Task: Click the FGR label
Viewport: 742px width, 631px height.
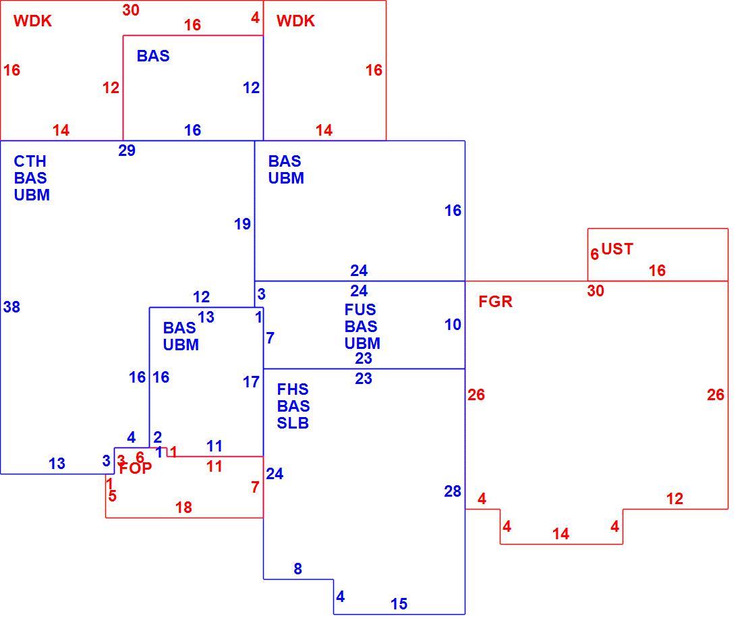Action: click(496, 302)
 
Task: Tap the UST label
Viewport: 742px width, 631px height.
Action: click(617, 249)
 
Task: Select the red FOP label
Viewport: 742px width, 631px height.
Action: click(136, 468)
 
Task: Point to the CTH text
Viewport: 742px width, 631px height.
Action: click(30, 161)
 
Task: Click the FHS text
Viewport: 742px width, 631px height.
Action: click(293, 389)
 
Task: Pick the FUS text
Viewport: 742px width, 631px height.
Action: click(360, 310)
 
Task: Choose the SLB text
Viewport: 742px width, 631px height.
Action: click(293, 422)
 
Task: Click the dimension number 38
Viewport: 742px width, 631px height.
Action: click(12, 307)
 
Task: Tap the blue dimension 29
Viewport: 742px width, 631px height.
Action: click(127, 150)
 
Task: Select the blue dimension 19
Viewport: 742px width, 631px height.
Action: click(242, 224)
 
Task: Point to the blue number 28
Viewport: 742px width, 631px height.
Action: click(453, 491)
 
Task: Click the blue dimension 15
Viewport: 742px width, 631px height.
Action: click(399, 604)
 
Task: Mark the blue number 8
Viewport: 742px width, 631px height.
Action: click(297, 568)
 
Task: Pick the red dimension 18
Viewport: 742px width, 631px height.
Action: click(183, 507)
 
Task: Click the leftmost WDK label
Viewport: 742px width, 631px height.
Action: click(32, 21)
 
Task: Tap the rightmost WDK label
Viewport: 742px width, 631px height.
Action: click(295, 21)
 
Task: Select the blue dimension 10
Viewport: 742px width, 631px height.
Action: click(453, 325)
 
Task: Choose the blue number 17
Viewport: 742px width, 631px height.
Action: click(252, 382)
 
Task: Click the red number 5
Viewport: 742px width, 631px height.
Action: click(112, 496)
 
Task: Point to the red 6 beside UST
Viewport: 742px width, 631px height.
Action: click(595, 254)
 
